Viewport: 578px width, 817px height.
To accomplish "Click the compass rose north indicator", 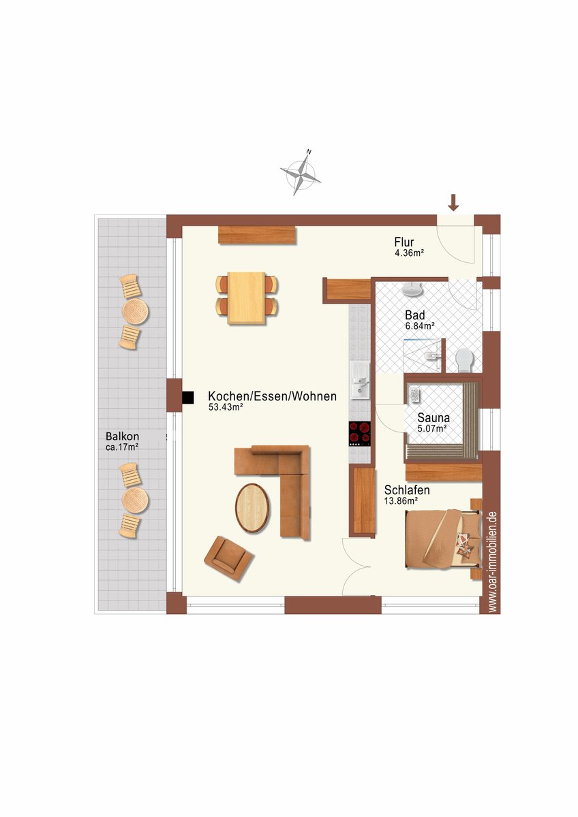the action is tap(301, 173).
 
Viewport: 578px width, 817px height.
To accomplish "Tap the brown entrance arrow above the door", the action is tap(453, 202).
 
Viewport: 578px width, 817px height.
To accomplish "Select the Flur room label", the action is tap(404, 242).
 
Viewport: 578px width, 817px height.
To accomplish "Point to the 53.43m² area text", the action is tap(226, 407).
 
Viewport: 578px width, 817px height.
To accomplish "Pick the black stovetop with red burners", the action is tap(360, 434).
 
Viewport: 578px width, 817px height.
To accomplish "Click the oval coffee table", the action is tap(252, 509).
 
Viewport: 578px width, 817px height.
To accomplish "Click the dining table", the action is tap(246, 298).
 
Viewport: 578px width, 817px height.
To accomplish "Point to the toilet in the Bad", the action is tap(464, 360).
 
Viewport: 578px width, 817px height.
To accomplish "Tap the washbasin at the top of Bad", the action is tap(412, 289).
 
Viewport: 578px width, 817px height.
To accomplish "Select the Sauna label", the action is tap(433, 417).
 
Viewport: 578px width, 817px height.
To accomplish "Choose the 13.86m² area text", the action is tap(401, 501).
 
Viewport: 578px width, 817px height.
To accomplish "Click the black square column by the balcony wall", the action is tap(187, 398).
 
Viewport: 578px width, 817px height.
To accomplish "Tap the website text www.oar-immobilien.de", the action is tap(493, 562).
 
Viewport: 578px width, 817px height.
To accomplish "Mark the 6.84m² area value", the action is tap(420, 326).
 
